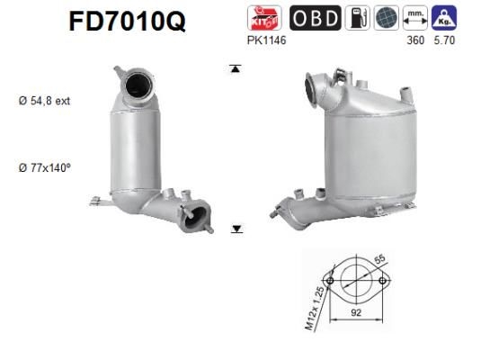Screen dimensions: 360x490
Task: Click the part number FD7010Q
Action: tap(127, 21)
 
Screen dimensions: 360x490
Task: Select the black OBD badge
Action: tap(315, 18)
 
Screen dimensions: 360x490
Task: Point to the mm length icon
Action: tap(414, 18)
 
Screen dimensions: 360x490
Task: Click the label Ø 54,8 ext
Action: tap(44, 101)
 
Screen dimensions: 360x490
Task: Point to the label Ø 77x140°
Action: tap(44, 167)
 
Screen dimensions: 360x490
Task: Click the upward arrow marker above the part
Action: tap(236, 67)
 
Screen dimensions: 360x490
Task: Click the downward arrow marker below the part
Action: tap(236, 229)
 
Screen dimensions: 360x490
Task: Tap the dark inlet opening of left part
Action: tap(137, 86)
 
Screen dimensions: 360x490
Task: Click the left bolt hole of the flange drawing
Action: tap(331, 282)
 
